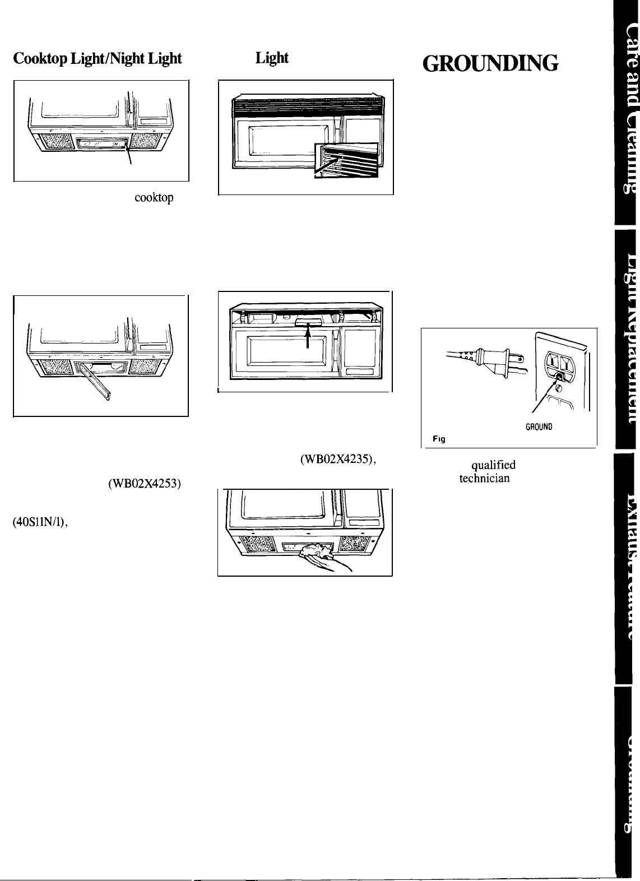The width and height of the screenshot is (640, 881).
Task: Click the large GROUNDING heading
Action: pyautogui.click(x=498, y=64)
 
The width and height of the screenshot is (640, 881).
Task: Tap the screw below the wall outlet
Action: pyautogui.click(x=557, y=386)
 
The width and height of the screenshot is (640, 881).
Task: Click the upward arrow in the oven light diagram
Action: pyautogui.click(x=308, y=337)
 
